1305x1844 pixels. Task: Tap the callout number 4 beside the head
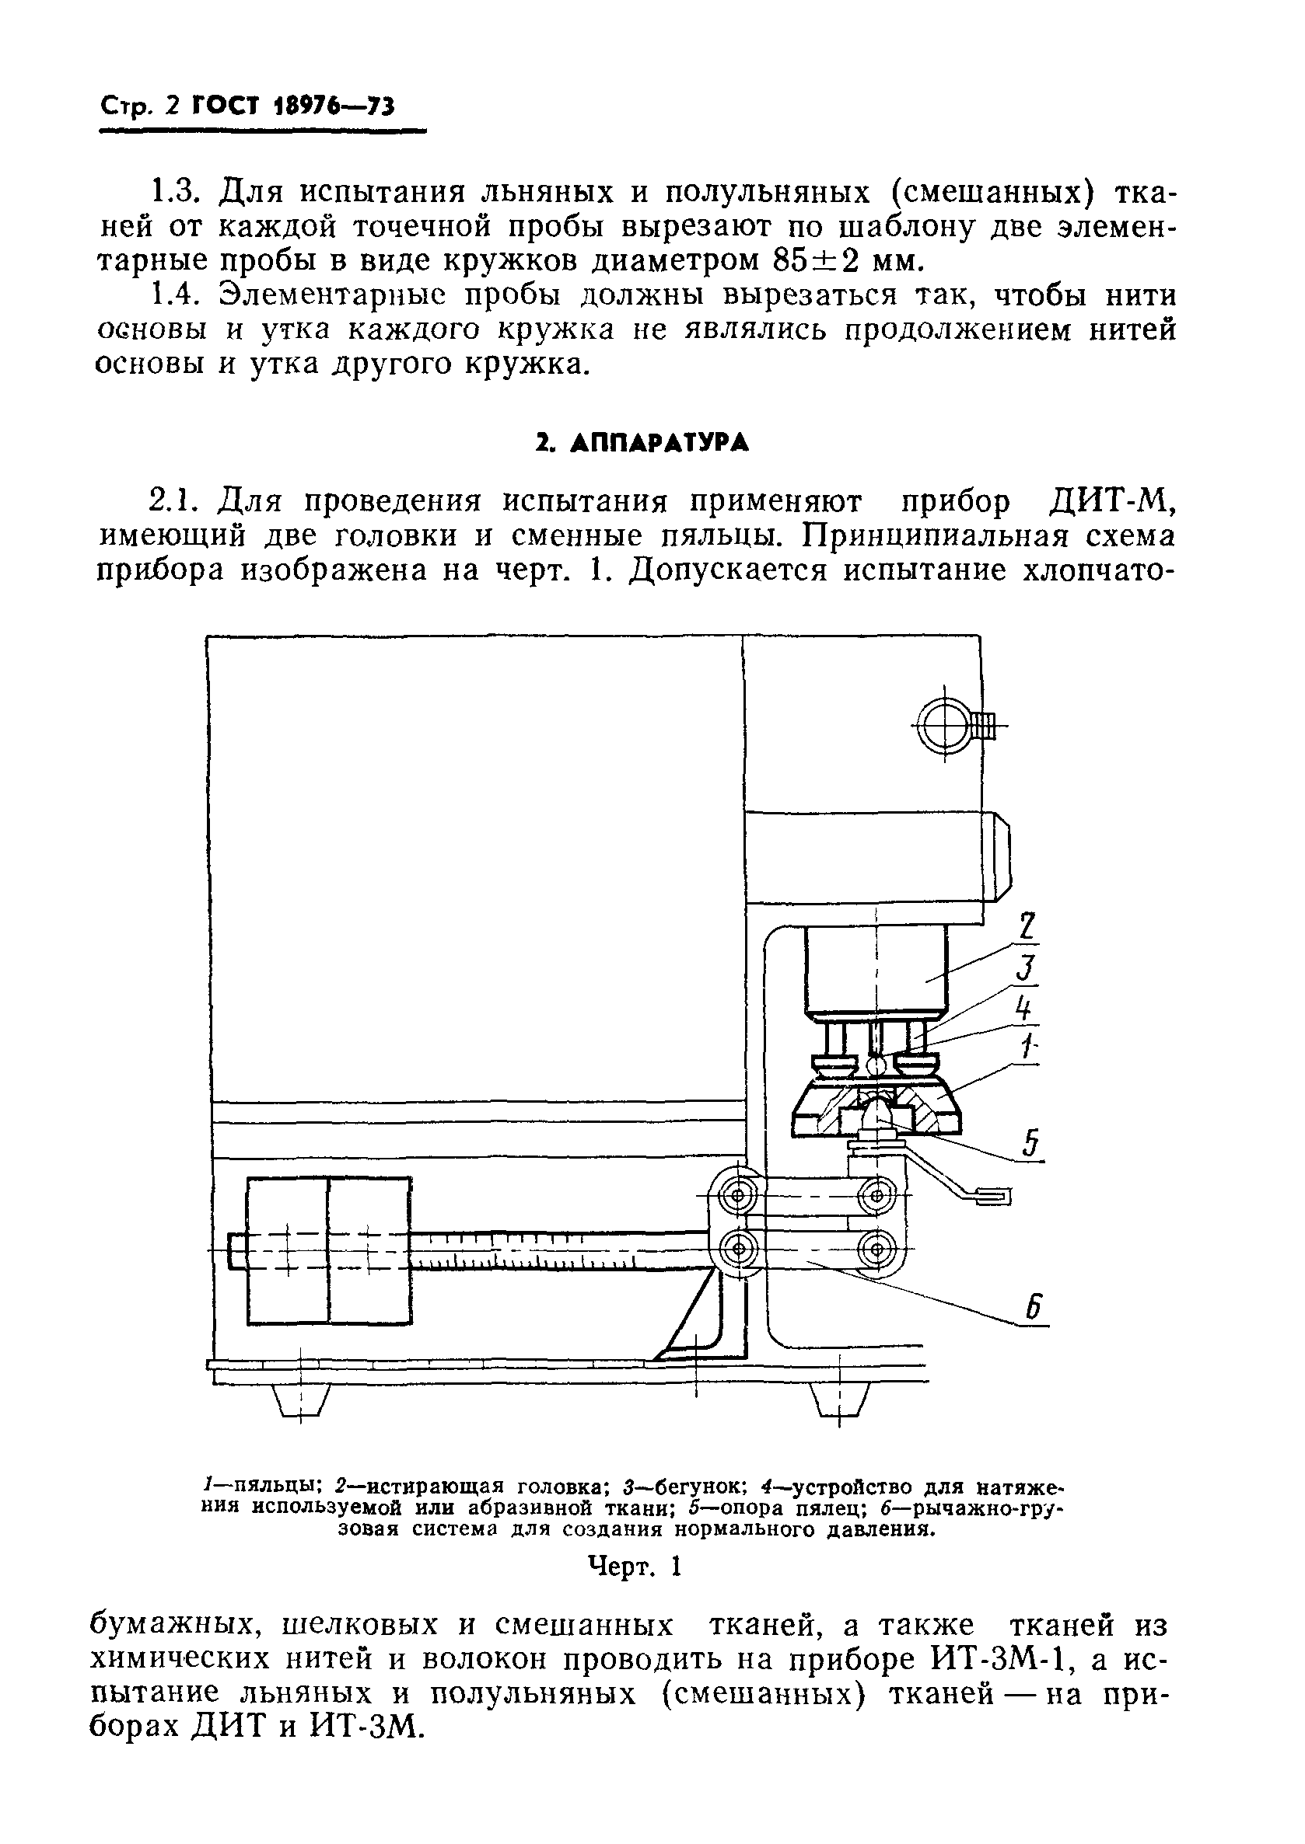(1022, 1008)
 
